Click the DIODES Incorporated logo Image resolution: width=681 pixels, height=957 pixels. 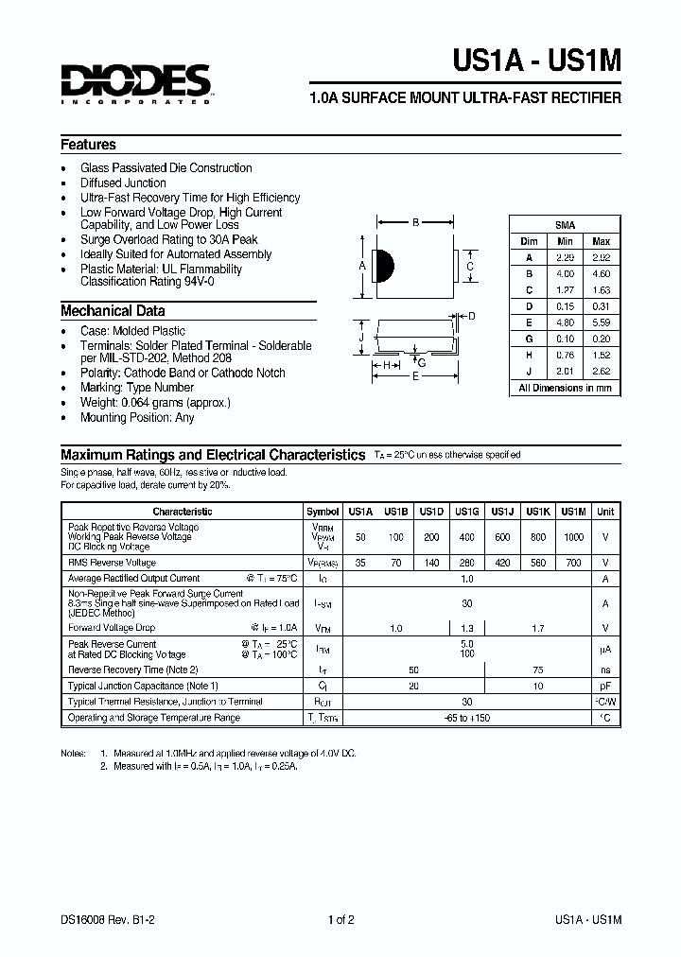tap(136, 83)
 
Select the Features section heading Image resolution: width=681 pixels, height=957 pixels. tap(88, 145)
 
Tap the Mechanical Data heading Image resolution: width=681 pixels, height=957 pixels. tap(113, 310)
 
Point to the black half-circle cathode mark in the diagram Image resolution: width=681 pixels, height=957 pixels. tap(385, 266)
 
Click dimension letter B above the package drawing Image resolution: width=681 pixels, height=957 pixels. tap(415, 224)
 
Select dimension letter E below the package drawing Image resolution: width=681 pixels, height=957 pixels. tap(416, 376)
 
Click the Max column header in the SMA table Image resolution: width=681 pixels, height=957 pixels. tap(601, 241)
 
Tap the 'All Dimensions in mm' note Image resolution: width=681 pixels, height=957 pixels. tap(566, 388)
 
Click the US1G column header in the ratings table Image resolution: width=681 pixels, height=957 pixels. tap(466, 512)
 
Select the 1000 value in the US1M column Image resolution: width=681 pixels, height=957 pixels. tap(574, 537)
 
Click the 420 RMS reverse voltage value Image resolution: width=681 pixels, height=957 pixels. tap(502, 562)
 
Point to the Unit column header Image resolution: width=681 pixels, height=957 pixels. tap(605, 512)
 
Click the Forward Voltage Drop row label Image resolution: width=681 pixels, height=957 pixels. tap(111, 627)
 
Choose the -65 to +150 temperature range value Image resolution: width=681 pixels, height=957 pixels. tap(466, 718)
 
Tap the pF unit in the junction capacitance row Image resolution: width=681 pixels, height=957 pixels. tap(605, 686)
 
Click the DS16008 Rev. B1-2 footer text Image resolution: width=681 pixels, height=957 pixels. tap(107, 919)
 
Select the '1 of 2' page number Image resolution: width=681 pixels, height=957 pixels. tap(340, 919)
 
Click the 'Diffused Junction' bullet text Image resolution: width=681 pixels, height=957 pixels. tap(123, 183)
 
